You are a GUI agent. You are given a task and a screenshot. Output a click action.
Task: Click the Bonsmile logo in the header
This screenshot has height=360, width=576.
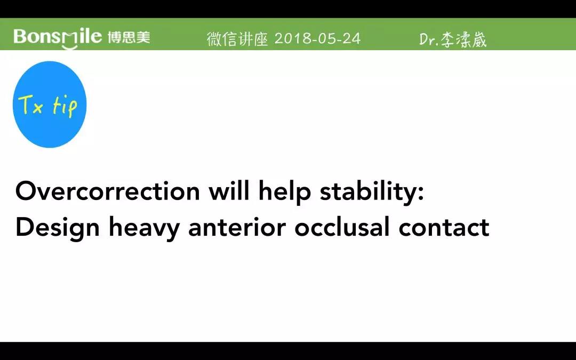[58, 38]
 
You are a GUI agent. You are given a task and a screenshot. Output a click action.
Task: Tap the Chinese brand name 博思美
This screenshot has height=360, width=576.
[129, 37]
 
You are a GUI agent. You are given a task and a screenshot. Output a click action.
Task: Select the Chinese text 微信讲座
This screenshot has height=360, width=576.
[237, 38]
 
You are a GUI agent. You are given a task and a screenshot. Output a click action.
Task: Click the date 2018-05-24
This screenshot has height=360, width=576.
[317, 38]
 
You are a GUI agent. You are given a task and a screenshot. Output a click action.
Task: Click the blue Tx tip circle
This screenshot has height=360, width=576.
[50, 105]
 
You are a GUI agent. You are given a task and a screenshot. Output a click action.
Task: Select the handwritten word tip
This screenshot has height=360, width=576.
[65, 107]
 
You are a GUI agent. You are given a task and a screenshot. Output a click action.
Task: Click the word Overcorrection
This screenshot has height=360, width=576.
[108, 191]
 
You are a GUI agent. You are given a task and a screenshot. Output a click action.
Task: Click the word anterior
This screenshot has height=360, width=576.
[237, 227]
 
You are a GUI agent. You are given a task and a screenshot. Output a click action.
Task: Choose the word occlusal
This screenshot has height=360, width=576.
[342, 227]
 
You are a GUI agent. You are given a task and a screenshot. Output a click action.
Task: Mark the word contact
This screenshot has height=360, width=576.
[444, 228]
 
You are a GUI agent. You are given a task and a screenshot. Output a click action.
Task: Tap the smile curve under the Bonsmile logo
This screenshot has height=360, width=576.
[70, 46]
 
